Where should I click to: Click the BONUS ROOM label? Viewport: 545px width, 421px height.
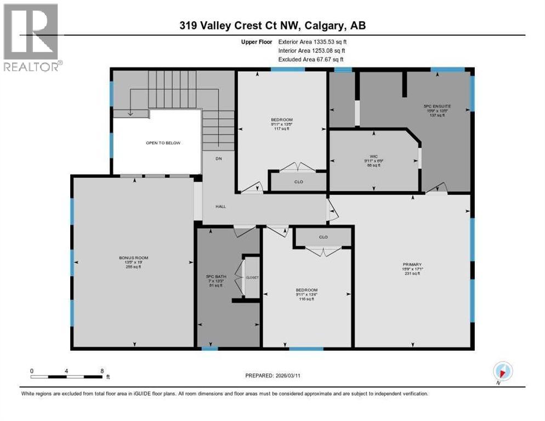point(134,258)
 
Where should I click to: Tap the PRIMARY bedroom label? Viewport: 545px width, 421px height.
point(412,264)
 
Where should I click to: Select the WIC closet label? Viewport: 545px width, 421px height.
point(374,156)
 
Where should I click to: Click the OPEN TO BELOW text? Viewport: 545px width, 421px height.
point(163,143)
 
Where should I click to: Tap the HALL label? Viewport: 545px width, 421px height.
point(220,207)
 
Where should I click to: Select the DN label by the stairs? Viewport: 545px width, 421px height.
point(218,158)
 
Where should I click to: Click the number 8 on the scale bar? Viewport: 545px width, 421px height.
point(102,371)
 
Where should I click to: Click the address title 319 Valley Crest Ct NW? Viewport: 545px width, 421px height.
point(272,26)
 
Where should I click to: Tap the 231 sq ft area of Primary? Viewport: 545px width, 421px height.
point(412,274)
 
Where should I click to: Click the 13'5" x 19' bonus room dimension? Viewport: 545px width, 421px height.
point(134,262)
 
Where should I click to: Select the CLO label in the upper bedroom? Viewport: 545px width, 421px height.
point(299,182)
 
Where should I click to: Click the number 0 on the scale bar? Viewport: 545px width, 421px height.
point(32,371)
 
